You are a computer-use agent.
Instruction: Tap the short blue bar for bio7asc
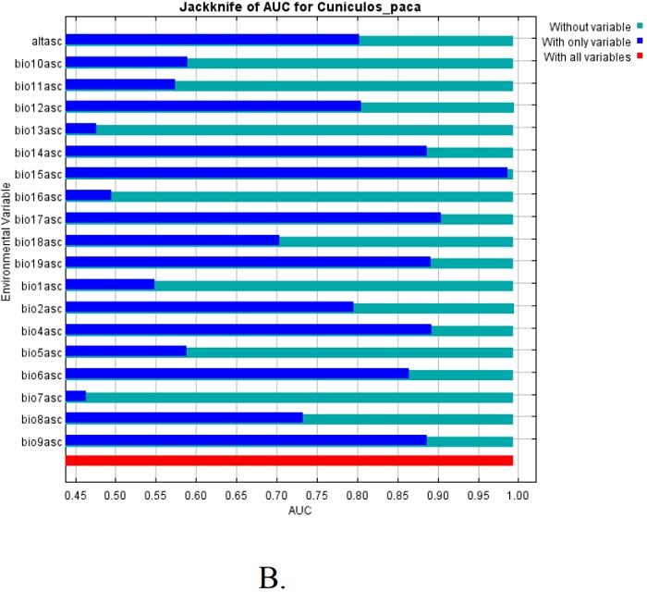[76, 396]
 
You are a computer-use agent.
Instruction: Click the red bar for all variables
[288, 461]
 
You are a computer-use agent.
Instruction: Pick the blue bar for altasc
[212, 40]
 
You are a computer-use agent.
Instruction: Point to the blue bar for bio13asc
[80, 129]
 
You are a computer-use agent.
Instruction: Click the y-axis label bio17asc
[38, 218]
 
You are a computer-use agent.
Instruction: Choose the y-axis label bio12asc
[38, 107]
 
